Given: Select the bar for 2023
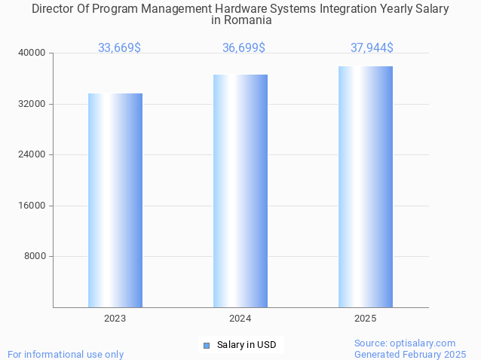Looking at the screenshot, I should (115, 200).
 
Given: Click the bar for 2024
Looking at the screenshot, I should (240, 191).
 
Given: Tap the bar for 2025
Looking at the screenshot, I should (366, 187).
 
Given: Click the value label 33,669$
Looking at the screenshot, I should (119, 48).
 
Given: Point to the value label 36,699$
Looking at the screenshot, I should (244, 48).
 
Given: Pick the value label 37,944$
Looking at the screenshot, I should (372, 48).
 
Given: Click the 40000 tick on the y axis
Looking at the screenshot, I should (32, 53).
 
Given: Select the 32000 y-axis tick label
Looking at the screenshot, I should (32, 104).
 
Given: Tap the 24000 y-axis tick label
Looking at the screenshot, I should (32, 154).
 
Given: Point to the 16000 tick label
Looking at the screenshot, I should (32, 206).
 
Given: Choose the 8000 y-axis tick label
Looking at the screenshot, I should (35, 256).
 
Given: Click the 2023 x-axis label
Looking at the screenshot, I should (115, 319).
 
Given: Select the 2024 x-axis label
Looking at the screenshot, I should (240, 319).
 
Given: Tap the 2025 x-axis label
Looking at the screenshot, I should (366, 319).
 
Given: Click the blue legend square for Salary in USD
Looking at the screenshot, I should (207, 346).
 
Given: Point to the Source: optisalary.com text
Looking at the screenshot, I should (405, 343).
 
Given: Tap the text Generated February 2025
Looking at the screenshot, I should (410, 354).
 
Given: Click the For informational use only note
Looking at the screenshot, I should (66, 354).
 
